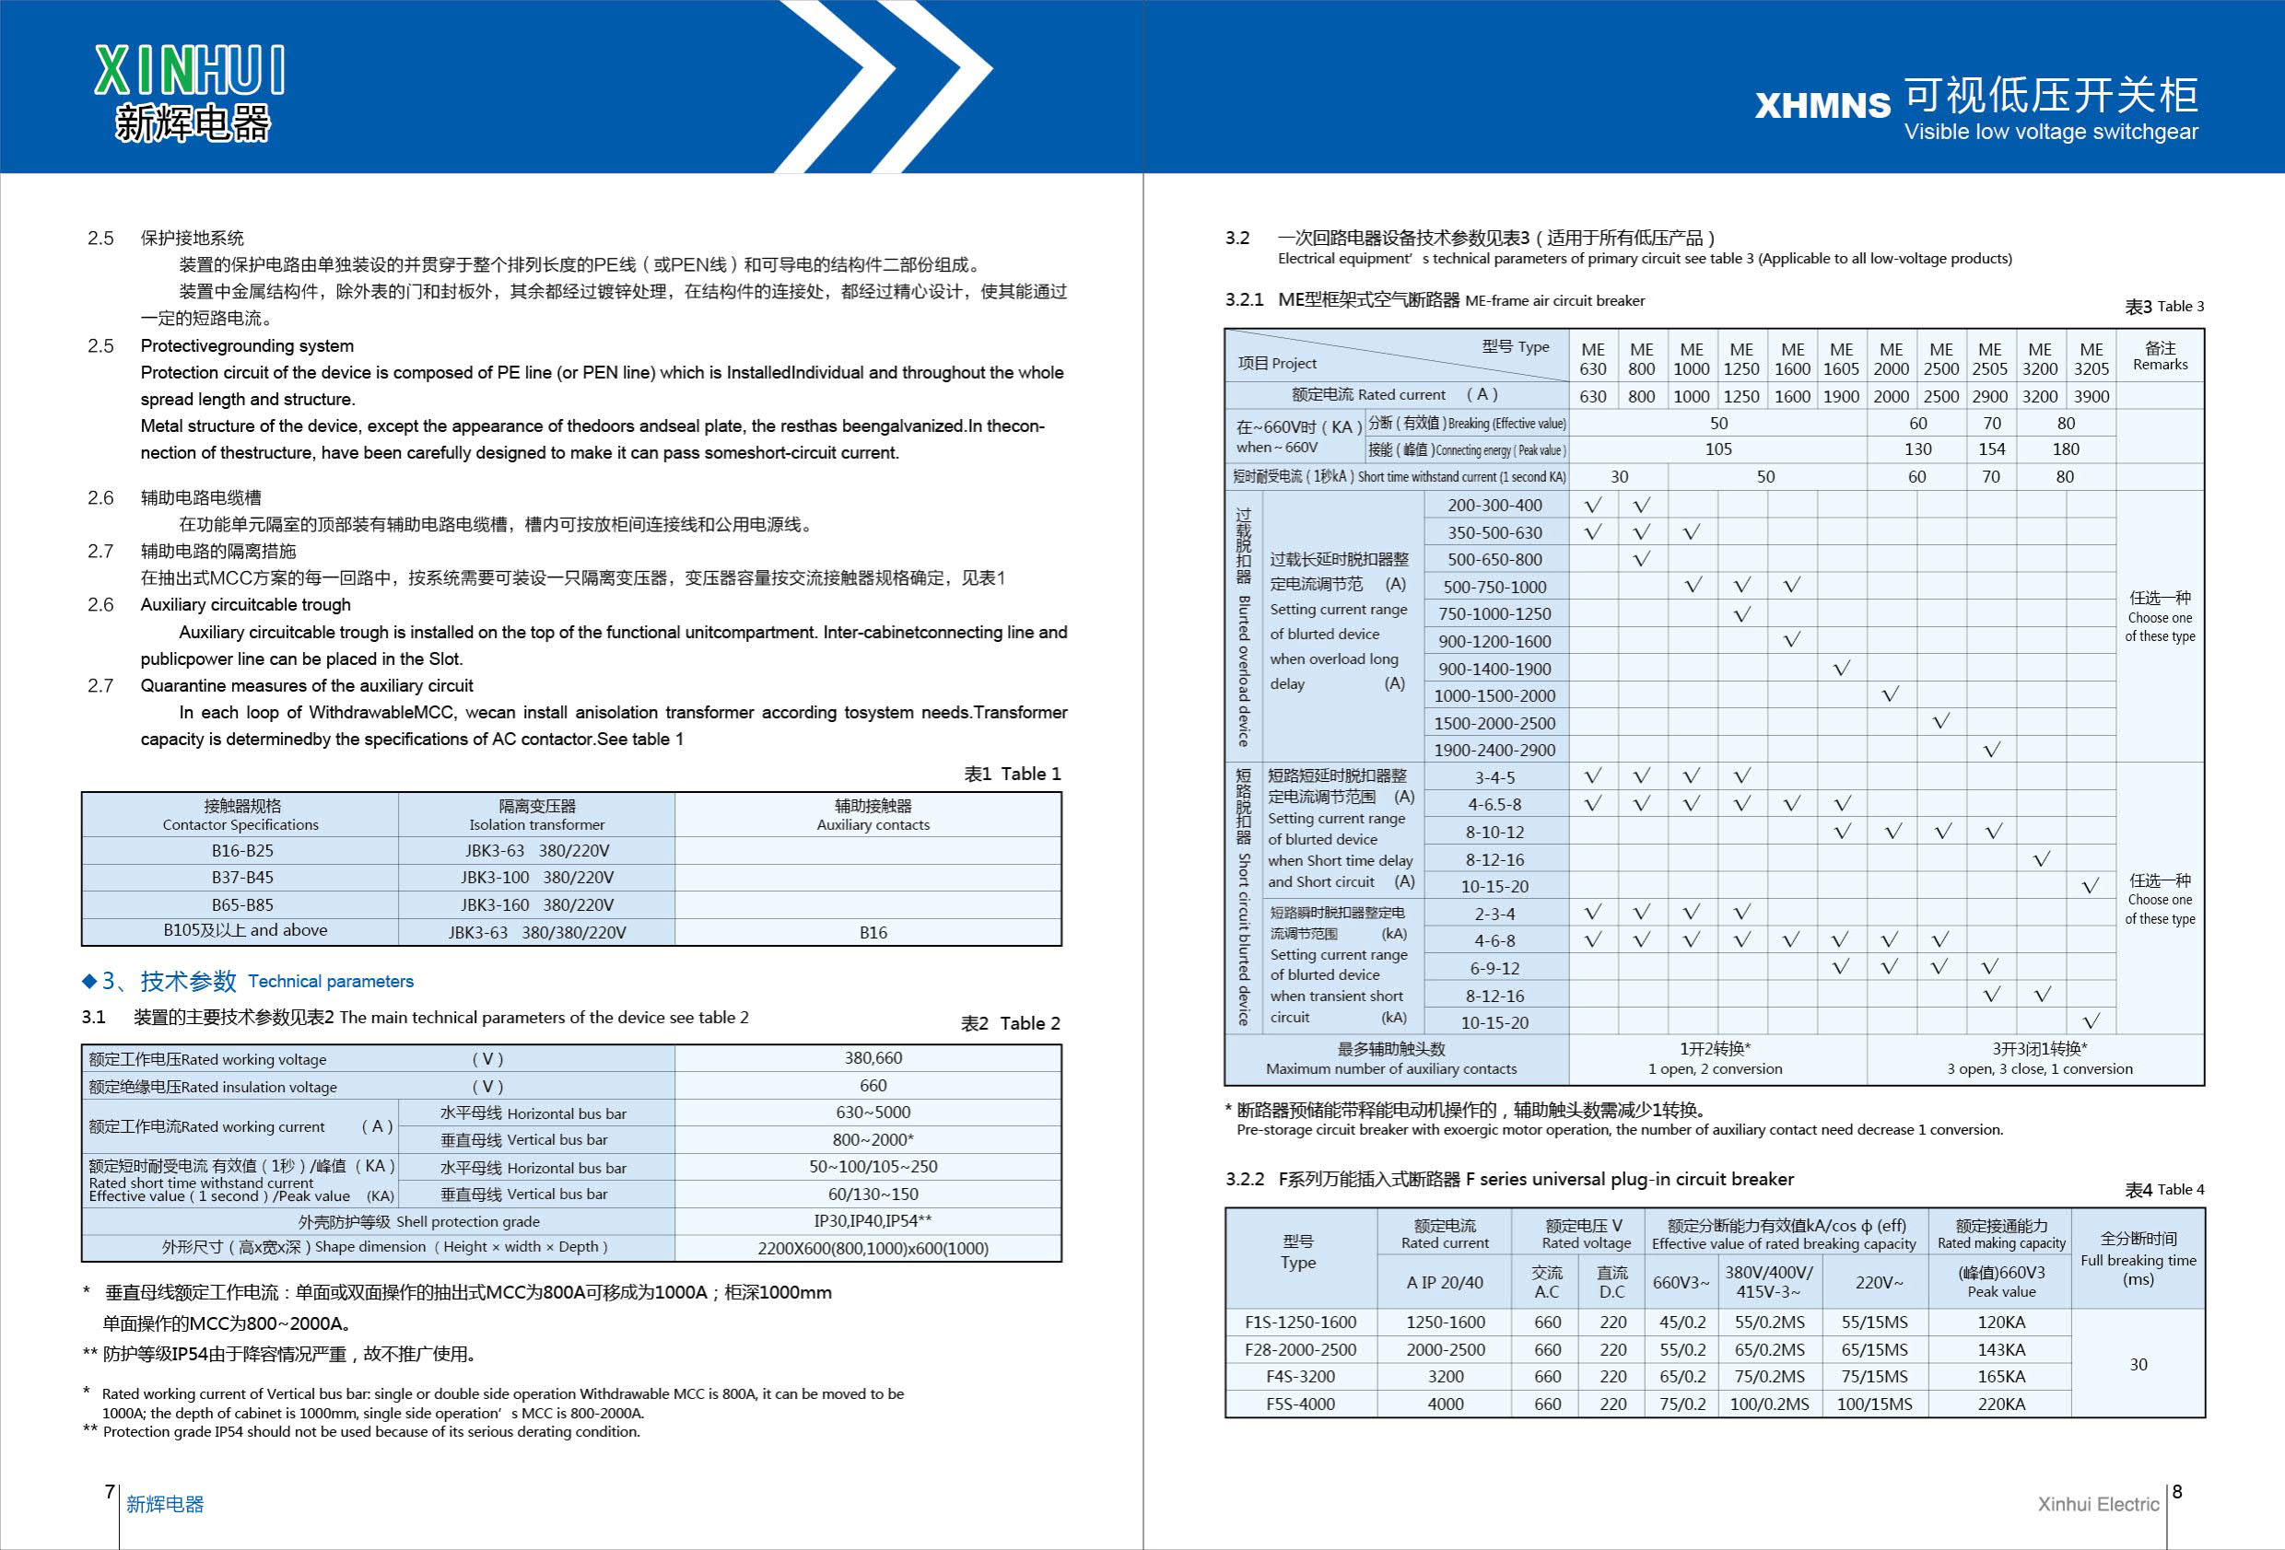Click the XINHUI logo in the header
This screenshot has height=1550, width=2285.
click(190, 92)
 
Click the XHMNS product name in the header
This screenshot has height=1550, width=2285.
click(1822, 105)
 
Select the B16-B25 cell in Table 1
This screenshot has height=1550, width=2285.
click(242, 850)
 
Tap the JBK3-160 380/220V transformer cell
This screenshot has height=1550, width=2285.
click(537, 904)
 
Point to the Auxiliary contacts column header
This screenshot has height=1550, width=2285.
click(873, 815)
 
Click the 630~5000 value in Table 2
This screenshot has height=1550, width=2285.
click(873, 1112)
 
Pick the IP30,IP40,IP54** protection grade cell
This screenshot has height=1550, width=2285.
click(873, 1220)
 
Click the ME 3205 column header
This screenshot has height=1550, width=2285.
click(2091, 359)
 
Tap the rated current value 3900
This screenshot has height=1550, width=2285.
click(2091, 396)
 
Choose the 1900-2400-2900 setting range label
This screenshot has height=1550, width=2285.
click(1494, 750)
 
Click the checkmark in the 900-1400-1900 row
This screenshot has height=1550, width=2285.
click(1842, 669)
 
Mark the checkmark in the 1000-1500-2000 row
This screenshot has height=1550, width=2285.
click(1890, 695)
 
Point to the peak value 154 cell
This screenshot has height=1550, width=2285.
click(1991, 449)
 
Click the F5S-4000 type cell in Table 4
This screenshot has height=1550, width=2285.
click(1300, 1404)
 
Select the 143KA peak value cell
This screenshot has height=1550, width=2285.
click(2001, 1349)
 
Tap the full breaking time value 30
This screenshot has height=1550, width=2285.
click(2138, 1364)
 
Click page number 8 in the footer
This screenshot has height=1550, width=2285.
click(2177, 1491)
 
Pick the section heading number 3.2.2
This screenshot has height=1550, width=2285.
click(1244, 1179)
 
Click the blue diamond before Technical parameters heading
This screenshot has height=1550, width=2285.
click(89, 981)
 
